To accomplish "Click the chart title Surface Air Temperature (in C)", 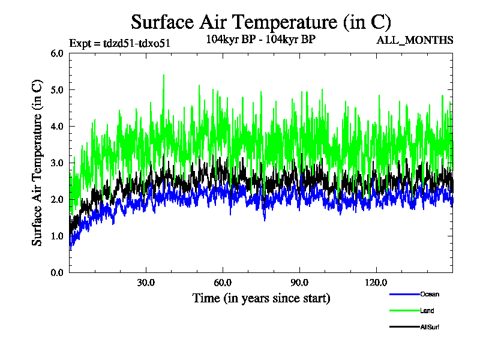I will pyautogui.click(x=261, y=22).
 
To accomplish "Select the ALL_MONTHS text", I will pyautogui.click(x=414, y=41).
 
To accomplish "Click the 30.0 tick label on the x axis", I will pyautogui.click(x=146, y=283).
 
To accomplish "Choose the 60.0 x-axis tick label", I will pyautogui.click(x=223, y=283).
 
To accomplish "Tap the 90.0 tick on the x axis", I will pyautogui.click(x=299, y=283).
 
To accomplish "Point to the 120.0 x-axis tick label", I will pyautogui.click(x=376, y=283).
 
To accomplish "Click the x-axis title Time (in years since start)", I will pyautogui.click(x=261, y=298).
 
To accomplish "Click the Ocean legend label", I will pyautogui.click(x=429, y=294).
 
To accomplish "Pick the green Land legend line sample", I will pyautogui.click(x=404, y=311).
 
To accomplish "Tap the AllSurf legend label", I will pyautogui.click(x=431, y=327).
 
